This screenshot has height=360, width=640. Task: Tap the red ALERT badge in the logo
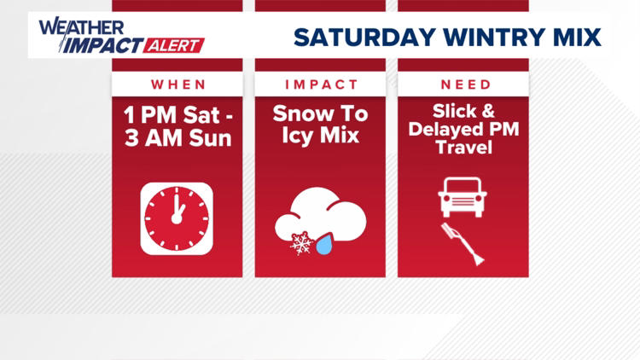point(176,44)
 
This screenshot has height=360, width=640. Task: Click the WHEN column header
point(178,84)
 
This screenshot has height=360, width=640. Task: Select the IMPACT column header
point(321,84)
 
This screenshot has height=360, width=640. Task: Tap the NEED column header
point(464,84)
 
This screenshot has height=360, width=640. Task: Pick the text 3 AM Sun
point(178,137)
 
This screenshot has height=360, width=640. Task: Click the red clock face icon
point(177,218)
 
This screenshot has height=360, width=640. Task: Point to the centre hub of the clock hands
point(177,218)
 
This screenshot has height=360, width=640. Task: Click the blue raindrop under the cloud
point(325,246)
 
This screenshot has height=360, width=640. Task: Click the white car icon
point(463,197)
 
